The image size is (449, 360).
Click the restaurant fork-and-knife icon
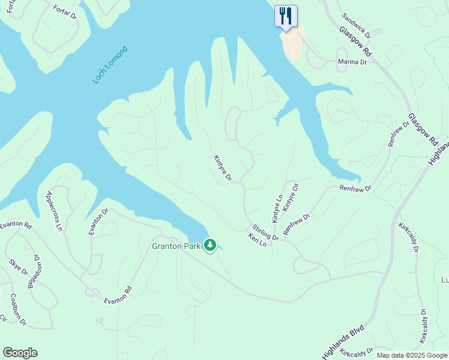[x=286, y=16]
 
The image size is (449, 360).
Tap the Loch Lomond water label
[x=110, y=64]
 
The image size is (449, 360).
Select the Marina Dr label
[x=352, y=62]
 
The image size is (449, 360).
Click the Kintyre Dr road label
[x=222, y=168]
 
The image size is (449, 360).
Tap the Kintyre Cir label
[x=291, y=198]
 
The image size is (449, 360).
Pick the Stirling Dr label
[x=265, y=232]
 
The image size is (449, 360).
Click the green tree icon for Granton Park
[x=210, y=245]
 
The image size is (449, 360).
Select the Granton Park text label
[x=176, y=245]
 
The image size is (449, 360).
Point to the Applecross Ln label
[x=54, y=211]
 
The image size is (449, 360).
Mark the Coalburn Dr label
[x=18, y=310]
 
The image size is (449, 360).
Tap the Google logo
[x=20, y=353]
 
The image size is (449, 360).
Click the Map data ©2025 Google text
[x=412, y=355]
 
